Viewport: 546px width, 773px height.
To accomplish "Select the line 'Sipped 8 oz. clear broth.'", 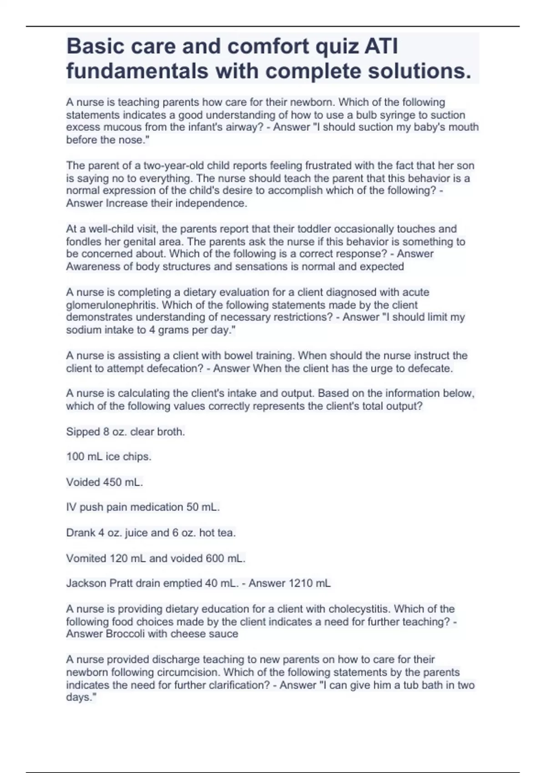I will click(126, 432).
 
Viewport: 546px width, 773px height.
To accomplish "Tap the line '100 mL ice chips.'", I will click(109, 457).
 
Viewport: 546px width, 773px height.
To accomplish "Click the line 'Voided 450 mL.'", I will click(105, 482).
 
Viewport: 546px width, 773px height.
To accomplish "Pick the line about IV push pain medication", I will click(143, 507).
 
